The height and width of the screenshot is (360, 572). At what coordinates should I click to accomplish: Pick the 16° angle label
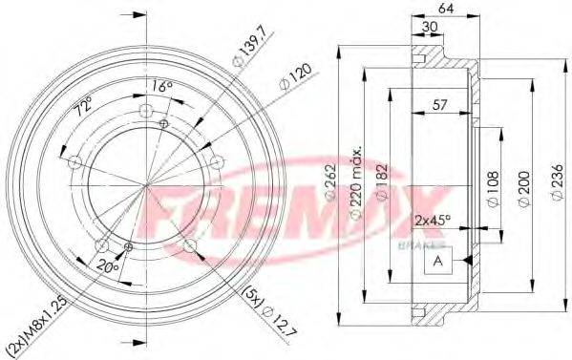tap(163, 87)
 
